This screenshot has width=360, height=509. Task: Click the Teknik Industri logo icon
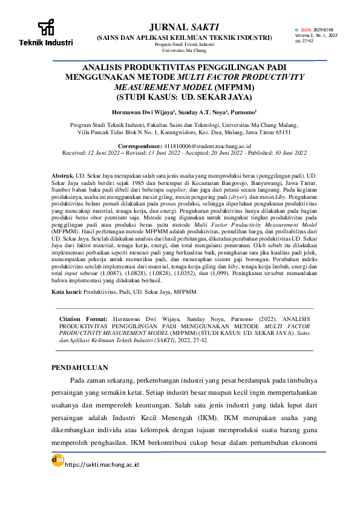click(x=45, y=28)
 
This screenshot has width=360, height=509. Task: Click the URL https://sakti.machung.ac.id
click(x=102, y=464)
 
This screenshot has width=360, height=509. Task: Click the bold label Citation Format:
click(x=83, y=318)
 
